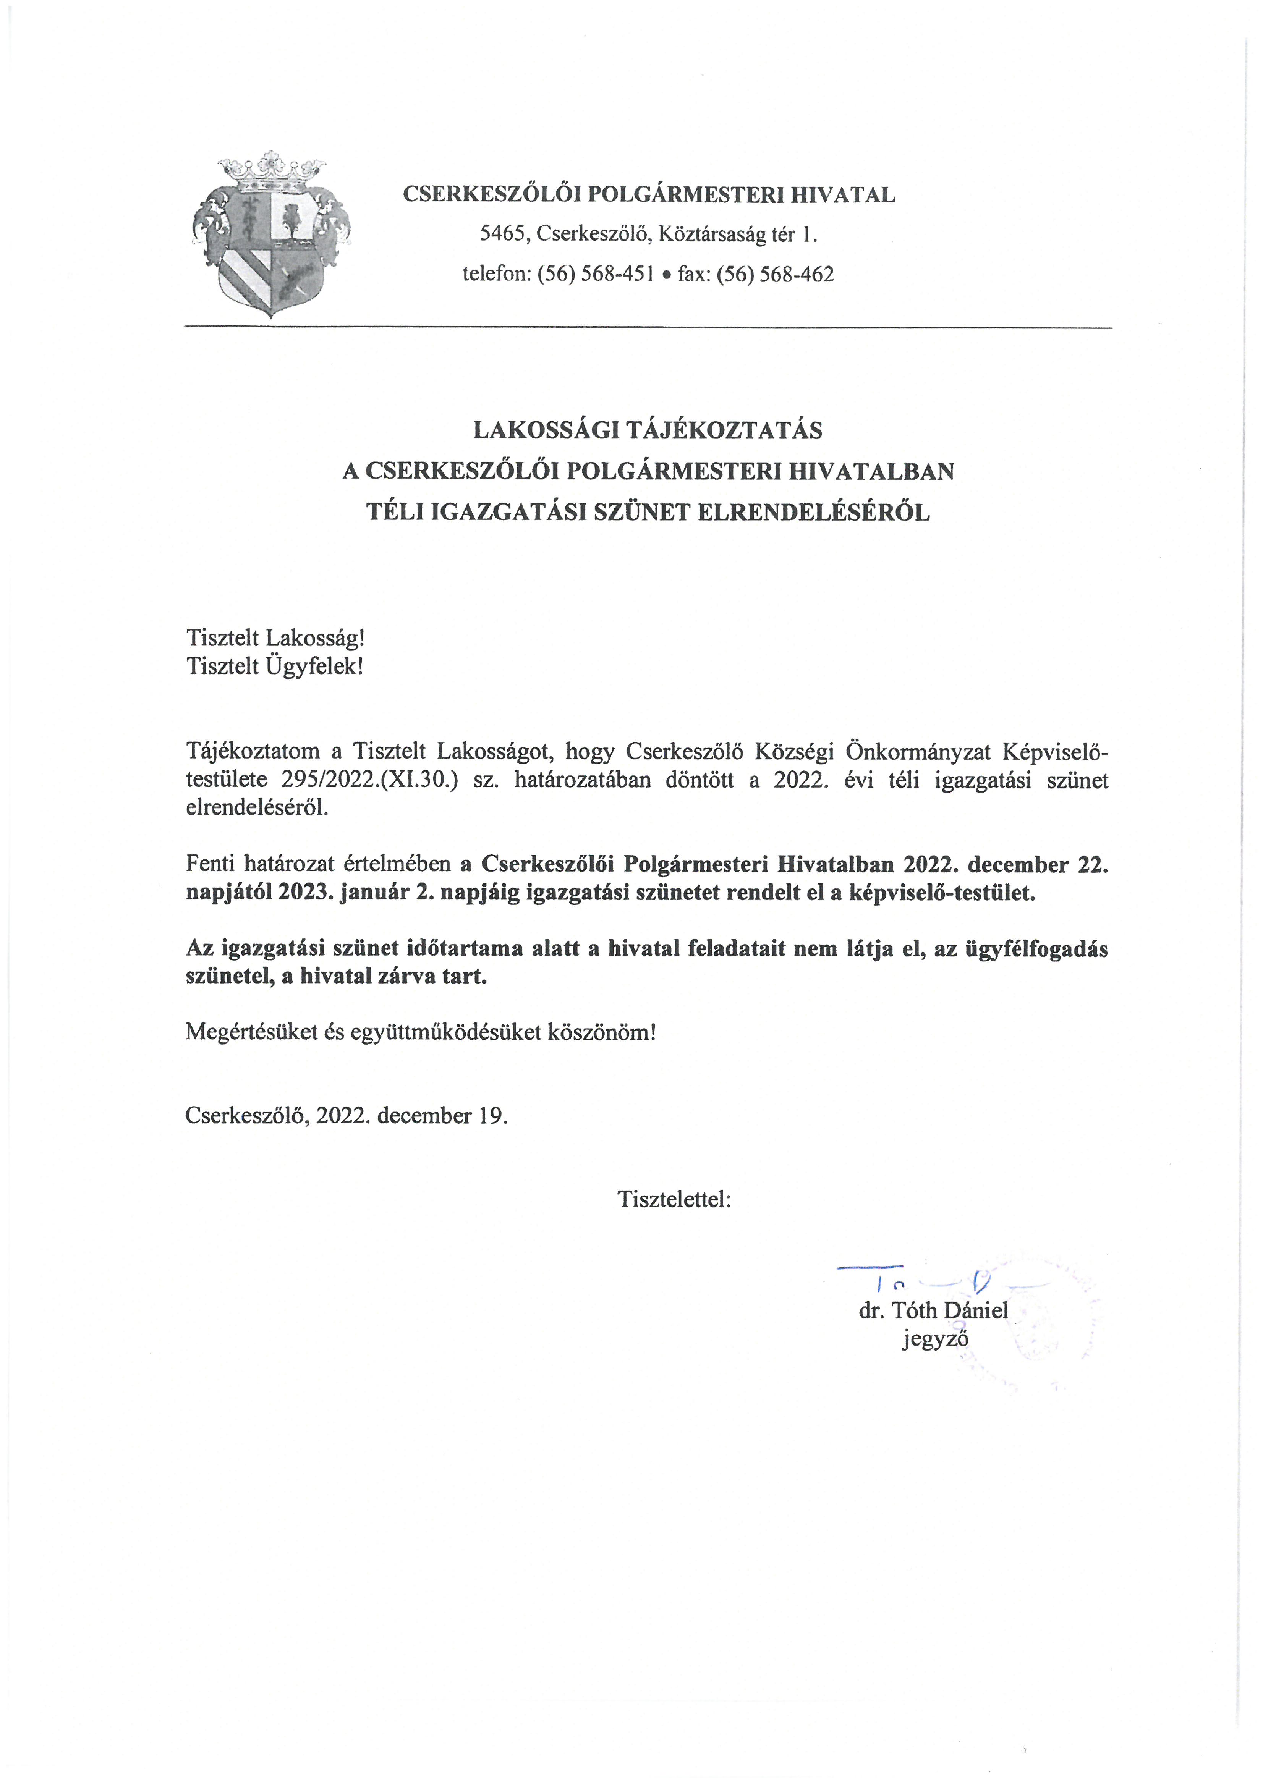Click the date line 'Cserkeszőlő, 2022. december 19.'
click(x=346, y=1116)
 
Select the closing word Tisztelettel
click(x=674, y=1199)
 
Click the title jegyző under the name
click(x=934, y=1339)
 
